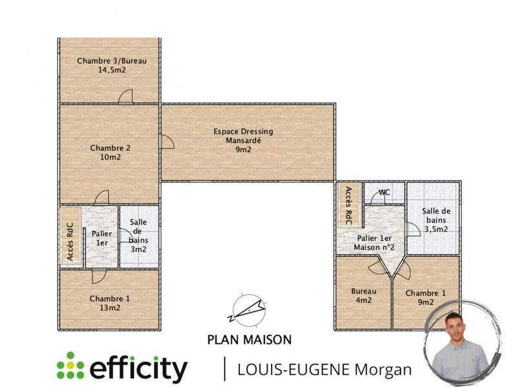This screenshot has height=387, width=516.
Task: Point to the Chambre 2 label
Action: click(x=110, y=148)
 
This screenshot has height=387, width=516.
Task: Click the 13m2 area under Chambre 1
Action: click(x=110, y=308)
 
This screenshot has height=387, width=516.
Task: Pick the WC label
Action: click(x=384, y=192)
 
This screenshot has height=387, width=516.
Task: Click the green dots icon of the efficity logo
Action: click(x=70, y=366)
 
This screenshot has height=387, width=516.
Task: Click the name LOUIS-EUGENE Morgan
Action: click(x=324, y=370)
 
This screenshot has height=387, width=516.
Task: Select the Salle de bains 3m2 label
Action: click(x=139, y=235)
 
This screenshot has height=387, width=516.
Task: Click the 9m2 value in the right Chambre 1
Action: click(x=425, y=302)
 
